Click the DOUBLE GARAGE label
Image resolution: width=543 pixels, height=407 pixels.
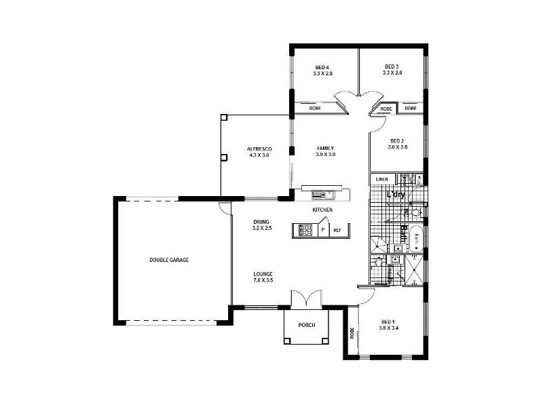[169, 260]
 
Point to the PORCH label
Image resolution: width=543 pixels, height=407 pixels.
[307, 325]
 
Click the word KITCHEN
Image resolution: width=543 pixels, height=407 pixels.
[322, 210]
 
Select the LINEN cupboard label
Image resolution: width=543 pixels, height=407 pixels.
[381, 179]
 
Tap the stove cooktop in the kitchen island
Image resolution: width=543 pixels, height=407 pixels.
[305, 231]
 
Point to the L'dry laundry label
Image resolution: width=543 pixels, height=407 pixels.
[396, 195]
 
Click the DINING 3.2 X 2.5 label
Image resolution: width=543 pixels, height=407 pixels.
[262, 225]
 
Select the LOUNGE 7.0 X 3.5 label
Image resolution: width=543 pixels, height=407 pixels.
[263, 277]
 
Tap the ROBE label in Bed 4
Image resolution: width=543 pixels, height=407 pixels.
[315, 108]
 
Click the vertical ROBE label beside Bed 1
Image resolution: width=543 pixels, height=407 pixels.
[352, 333]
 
